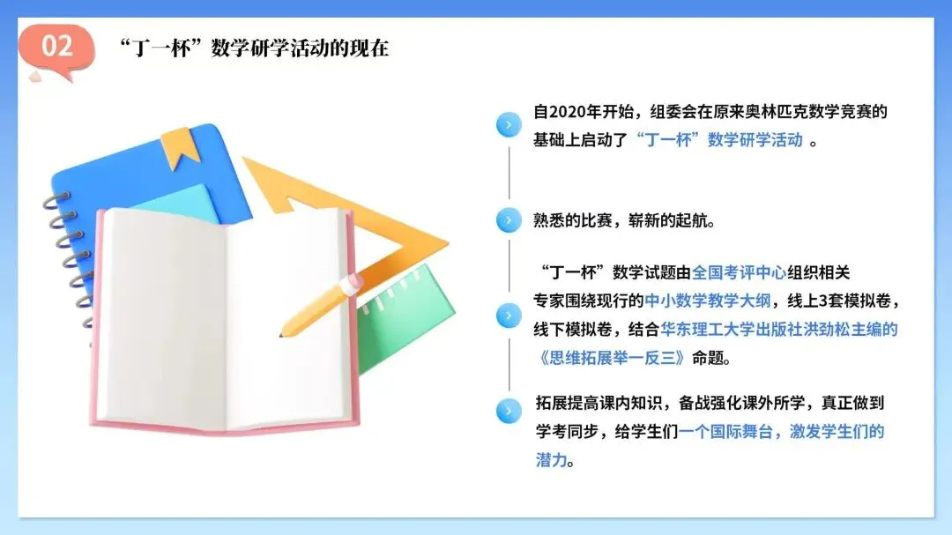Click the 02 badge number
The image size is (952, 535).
coord(57,45)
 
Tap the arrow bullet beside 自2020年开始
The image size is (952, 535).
coord(509,125)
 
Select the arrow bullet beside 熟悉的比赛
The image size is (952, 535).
coord(509,220)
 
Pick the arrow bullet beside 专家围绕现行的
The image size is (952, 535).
coord(509,316)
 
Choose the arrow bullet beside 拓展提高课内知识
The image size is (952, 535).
coord(509,411)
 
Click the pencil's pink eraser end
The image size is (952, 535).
coord(351,283)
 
